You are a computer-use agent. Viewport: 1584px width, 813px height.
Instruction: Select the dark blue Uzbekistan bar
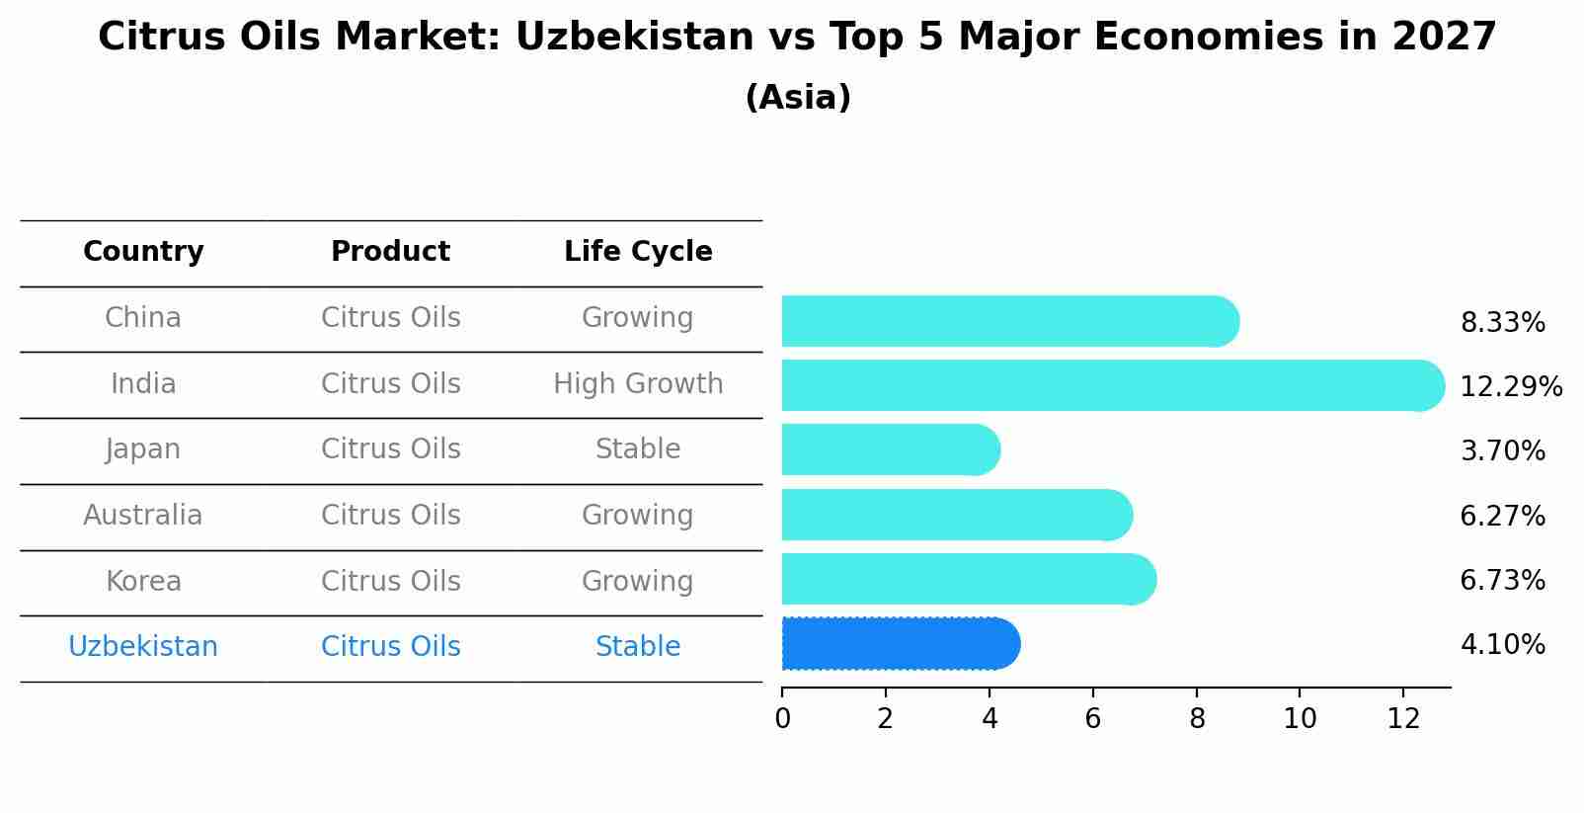pyautogui.click(x=899, y=644)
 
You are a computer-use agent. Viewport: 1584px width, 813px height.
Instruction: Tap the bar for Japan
pyautogui.click(x=889, y=449)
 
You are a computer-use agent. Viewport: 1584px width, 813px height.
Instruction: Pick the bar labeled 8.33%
pyautogui.click(x=1007, y=321)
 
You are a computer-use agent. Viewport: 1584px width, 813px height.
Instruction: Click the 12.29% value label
pyautogui.click(x=1510, y=386)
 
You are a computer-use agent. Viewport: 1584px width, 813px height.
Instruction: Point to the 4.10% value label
pyautogui.click(x=1502, y=645)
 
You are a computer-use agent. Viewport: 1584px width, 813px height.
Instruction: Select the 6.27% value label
pyautogui.click(x=1502, y=516)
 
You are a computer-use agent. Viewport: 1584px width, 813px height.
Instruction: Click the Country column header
pyautogui.click(x=143, y=252)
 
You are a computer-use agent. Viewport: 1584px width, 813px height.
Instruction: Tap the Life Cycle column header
pyautogui.click(x=638, y=252)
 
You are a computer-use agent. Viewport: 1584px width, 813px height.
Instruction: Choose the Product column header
pyautogui.click(x=390, y=252)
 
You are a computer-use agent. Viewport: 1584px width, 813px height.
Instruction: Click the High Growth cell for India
pyautogui.click(x=638, y=383)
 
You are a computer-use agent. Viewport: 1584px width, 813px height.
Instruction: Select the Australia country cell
pyautogui.click(x=143, y=515)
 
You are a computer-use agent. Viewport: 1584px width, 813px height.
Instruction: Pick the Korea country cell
pyautogui.click(x=143, y=581)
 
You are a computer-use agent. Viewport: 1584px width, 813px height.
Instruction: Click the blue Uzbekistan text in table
pyautogui.click(x=143, y=647)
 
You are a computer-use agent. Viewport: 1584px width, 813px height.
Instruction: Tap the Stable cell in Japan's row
pyautogui.click(x=638, y=449)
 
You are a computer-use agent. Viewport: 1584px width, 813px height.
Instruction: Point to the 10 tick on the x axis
pyautogui.click(x=1300, y=719)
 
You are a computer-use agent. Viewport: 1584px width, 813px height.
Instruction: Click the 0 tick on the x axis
pyautogui.click(x=782, y=719)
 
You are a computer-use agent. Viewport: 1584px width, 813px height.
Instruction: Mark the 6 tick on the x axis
pyautogui.click(x=1092, y=719)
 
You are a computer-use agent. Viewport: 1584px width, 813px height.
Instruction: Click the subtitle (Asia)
pyautogui.click(x=798, y=98)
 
